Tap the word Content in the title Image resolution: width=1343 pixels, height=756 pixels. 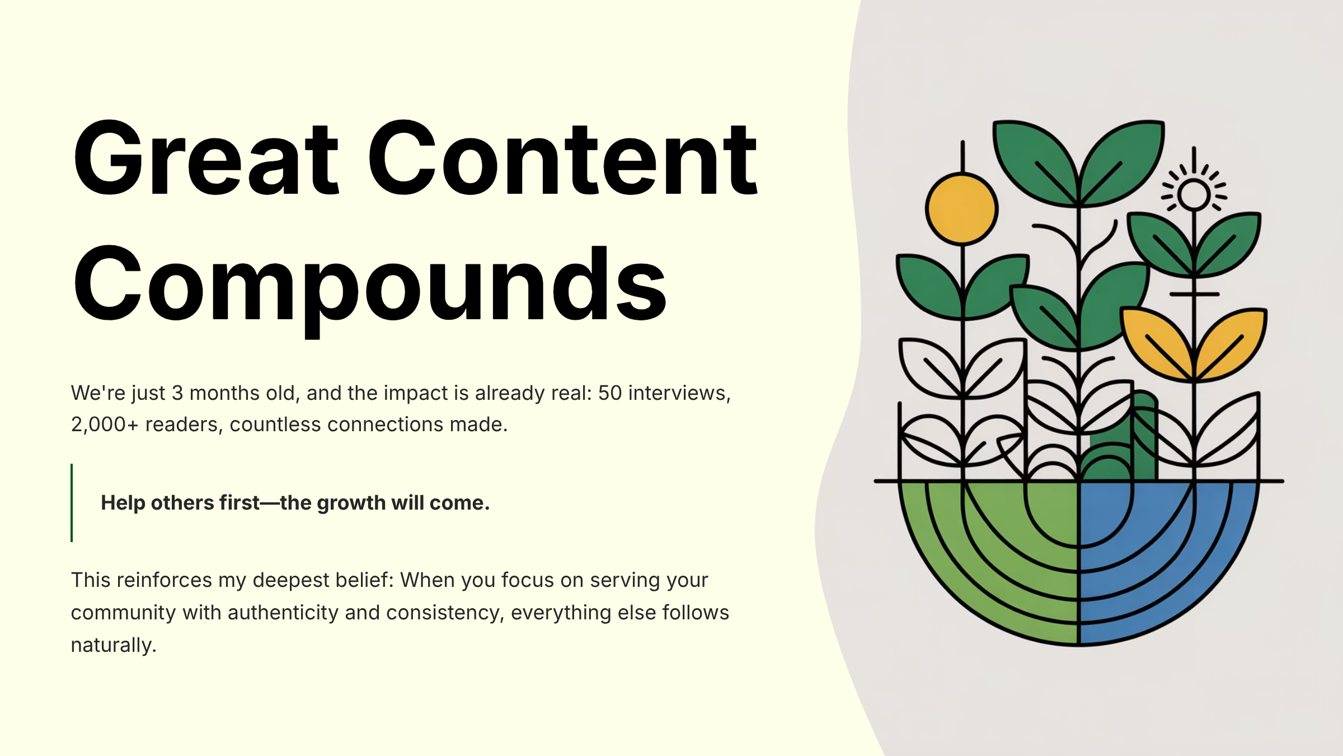click(x=562, y=160)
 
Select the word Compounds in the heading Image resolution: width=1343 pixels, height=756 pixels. click(x=369, y=286)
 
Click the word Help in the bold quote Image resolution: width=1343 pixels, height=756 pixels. click(x=123, y=503)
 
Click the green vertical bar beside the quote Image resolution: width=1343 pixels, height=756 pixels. click(x=72, y=502)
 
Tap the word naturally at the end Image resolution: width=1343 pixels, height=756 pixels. click(x=113, y=645)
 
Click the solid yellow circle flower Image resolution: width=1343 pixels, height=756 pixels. click(x=961, y=209)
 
